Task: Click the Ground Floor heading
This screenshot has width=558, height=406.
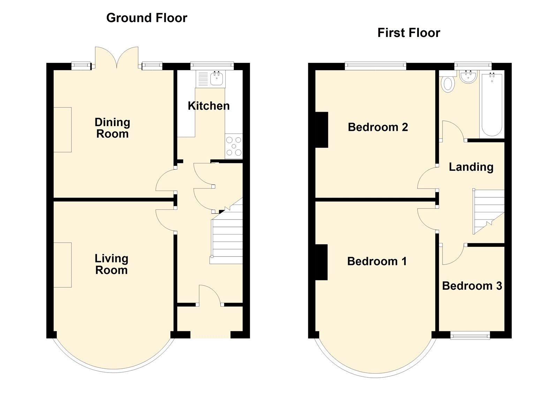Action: click(147, 18)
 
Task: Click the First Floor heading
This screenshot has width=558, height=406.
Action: click(409, 33)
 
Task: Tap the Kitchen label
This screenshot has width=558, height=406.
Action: click(209, 106)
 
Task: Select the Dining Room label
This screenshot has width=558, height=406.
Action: click(112, 128)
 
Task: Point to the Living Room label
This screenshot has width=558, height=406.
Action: click(111, 264)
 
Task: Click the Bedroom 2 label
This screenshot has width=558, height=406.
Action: click(378, 127)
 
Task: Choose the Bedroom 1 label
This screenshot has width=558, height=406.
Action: click(377, 261)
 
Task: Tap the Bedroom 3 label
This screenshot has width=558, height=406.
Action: click(472, 286)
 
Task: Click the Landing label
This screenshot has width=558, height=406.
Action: click(471, 167)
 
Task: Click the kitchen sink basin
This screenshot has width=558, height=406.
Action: click(217, 78)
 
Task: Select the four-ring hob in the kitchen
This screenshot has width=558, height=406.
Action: click(234, 146)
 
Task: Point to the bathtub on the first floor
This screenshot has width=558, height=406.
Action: click(492, 104)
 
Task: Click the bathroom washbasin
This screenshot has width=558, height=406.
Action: click(468, 76)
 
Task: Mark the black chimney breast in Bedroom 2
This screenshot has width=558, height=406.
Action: click(322, 130)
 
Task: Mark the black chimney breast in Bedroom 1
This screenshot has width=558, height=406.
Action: click(321, 263)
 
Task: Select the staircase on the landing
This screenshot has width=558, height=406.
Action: click(489, 212)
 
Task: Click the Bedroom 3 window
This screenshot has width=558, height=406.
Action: click(470, 335)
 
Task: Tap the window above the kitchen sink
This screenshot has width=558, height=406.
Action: click(212, 66)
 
